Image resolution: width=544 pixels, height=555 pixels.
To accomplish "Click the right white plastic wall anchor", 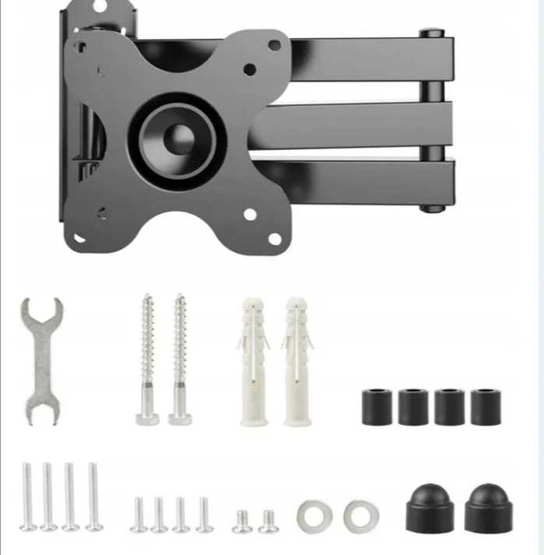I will [297, 362].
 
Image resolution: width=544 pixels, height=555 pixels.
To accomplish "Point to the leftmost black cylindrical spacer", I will [377, 407].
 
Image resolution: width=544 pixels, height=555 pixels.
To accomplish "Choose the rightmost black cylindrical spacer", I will [486, 407].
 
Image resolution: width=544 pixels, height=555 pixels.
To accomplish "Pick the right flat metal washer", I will [361, 515].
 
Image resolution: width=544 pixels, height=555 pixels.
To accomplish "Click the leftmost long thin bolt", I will [28, 496].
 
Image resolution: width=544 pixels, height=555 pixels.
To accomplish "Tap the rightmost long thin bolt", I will [94, 496].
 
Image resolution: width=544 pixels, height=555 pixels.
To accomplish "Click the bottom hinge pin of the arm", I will [431, 209].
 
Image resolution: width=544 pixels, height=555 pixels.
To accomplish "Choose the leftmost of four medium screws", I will [140, 514].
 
